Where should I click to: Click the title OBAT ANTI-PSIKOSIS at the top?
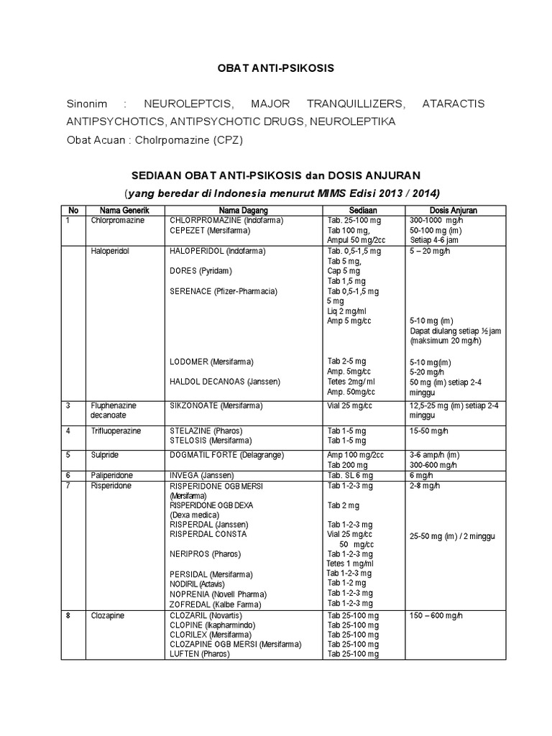click(277, 68)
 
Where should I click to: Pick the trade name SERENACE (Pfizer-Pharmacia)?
click(223, 291)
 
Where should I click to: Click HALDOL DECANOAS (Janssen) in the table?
click(224, 381)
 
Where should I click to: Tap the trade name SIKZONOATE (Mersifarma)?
click(213, 405)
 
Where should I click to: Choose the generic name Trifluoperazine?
click(116, 431)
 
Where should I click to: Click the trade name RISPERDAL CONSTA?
click(208, 535)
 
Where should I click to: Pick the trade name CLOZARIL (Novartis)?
click(206, 617)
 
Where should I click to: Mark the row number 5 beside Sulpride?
click(68, 455)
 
